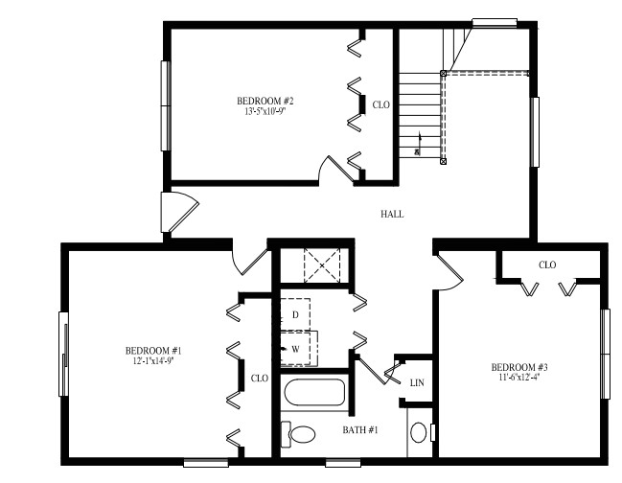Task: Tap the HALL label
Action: point(392,214)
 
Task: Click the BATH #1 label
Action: point(360,430)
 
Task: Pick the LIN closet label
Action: point(417,382)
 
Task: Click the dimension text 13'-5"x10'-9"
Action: point(265,111)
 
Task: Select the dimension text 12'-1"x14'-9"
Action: point(153,360)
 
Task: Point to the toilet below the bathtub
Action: point(300,433)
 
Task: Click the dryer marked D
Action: point(296,314)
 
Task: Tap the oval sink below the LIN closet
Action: point(419,434)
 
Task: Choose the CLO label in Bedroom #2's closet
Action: point(380,104)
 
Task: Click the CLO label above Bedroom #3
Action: point(547,264)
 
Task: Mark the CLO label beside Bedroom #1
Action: point(259,378)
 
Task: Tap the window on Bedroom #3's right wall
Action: point(605,352)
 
